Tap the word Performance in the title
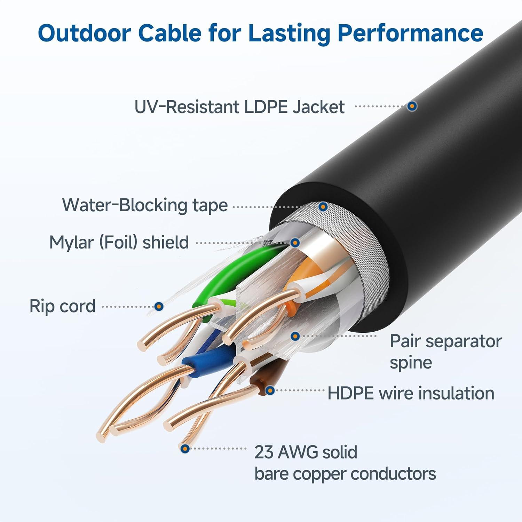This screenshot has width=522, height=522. [410, 33]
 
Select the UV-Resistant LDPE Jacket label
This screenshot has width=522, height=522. [239, 107]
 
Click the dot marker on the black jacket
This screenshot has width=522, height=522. [412, 106]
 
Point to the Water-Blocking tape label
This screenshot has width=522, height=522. [145, 205]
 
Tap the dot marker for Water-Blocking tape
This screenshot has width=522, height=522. [323, 207]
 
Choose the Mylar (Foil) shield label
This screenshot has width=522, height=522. [119, 242]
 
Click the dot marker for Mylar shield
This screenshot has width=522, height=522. [295, 243]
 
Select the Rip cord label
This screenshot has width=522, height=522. [62, 306]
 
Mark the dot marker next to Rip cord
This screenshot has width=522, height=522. [159, 307]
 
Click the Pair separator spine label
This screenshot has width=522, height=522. [445, 351]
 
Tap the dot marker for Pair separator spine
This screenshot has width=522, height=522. [295, 336]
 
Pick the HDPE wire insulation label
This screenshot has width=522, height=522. [411, 393]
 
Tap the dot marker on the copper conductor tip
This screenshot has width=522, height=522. [185, 449]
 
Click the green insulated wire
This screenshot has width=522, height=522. [223, 275]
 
